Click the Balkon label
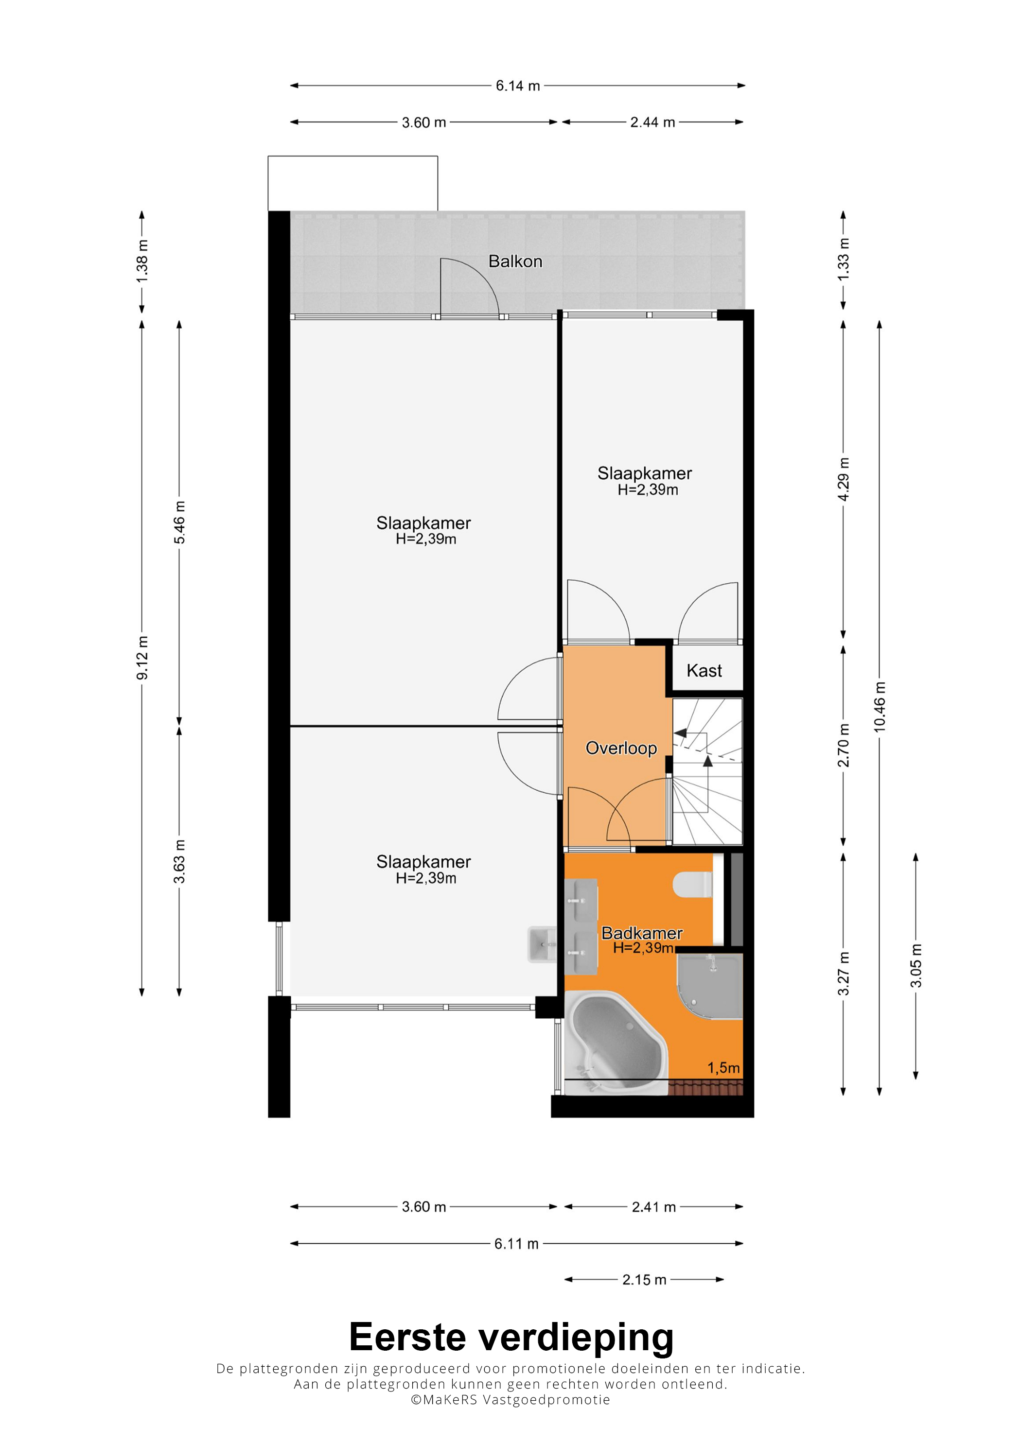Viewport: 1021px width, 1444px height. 515,261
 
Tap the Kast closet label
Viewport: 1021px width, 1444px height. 704,670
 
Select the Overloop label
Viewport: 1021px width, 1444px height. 621,748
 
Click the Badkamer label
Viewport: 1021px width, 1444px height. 642,933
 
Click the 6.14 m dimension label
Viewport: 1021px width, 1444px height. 518,86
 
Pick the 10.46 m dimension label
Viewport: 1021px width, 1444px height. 880,706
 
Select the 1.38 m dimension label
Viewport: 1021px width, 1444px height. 142,261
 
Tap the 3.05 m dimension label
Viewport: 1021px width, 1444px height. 916,965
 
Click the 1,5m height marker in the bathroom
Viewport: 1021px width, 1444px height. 723,1068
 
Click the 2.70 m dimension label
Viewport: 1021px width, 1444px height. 844,745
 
